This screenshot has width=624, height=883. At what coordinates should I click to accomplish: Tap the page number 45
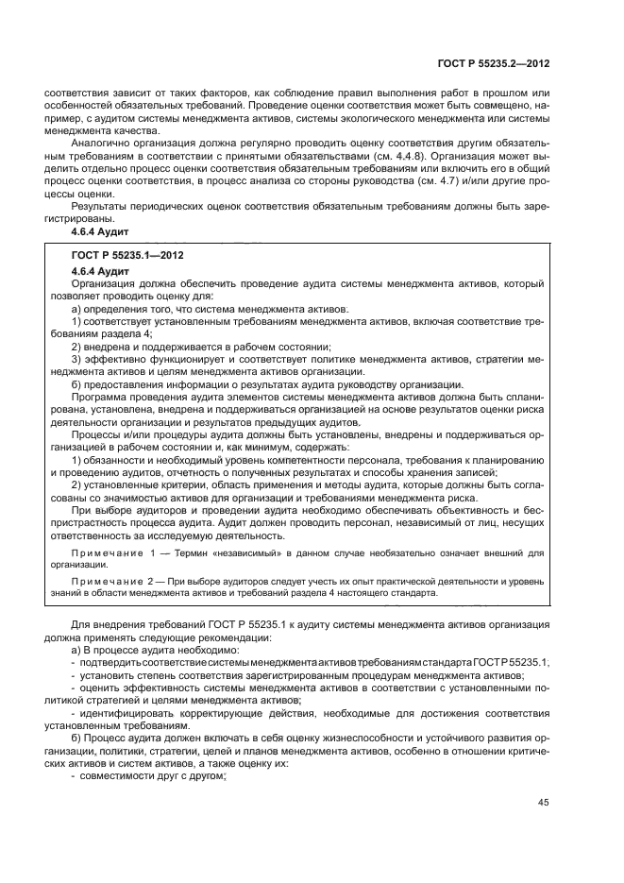543,803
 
